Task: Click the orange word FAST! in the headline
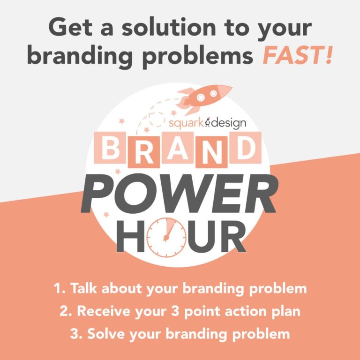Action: (x=298, y=55)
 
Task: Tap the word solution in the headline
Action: (x=169, y=27)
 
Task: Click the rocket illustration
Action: (x=204, y=98)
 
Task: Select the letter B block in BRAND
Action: (x=110, y=148)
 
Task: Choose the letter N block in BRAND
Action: (x=211, y=152)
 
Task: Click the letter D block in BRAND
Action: (x=246, y=148)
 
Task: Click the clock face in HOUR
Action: (x=166, y=237)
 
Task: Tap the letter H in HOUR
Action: (x=130, y=236)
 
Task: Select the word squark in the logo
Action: (x=186, y=123)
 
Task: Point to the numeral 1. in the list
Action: (x=60, y=288)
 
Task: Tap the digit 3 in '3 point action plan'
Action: (x=175, y=311)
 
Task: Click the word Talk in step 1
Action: (x=83, y=288)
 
